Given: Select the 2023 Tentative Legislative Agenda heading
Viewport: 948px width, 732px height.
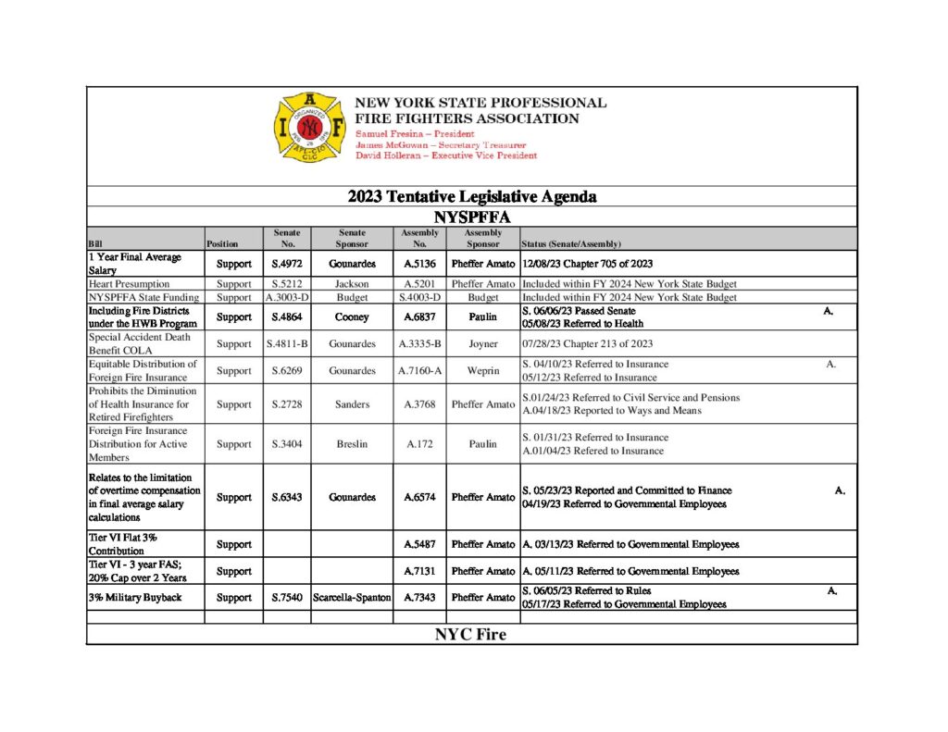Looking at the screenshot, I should [471, 197].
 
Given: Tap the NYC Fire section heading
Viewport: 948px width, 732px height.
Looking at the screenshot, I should [470, 636].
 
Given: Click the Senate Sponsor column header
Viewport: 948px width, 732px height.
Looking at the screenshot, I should [352, 239].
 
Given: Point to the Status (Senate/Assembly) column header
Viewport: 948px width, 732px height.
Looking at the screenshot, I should [571, 244].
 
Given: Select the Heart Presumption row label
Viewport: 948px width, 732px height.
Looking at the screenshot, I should [129, 283].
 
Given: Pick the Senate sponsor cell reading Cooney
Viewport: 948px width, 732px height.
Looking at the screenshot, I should [352, 317].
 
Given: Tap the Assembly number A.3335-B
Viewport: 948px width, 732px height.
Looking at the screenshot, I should [419, 344].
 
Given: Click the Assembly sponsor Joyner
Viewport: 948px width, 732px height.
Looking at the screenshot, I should [482, 344].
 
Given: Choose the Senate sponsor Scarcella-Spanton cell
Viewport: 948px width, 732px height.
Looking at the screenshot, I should [352, 598].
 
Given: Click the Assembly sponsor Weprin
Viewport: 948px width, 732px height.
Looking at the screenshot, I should [482, 371].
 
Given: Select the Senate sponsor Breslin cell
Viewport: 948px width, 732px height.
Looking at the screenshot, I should [352, 444].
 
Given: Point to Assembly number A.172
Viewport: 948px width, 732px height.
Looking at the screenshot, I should [419, 444].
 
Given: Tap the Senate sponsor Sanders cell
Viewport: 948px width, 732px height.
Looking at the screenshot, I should [352, 404].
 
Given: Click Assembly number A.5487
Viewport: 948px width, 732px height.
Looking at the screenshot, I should [419, 544].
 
